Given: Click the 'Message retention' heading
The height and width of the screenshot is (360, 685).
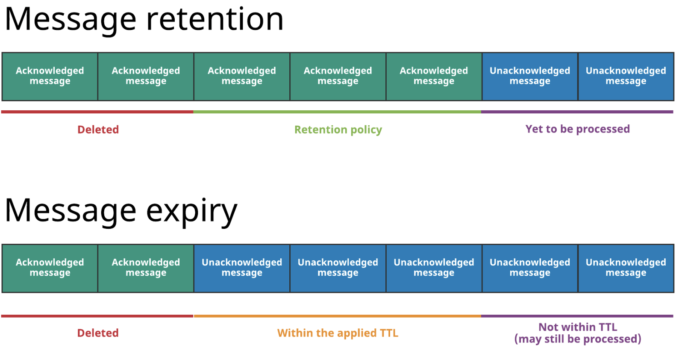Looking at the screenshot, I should (144, 19).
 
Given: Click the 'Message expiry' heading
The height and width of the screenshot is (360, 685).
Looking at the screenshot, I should (121, 211).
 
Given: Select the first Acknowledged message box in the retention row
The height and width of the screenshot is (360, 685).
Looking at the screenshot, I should (50, 77).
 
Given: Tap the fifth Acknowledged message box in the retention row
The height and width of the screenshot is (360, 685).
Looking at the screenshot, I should (434, 77).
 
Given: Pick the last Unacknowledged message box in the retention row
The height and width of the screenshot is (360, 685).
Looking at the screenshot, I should (626, 77).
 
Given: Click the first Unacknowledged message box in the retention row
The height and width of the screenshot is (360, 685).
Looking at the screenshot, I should (530, 77).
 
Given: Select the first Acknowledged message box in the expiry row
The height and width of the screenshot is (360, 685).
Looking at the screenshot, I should (50, 268).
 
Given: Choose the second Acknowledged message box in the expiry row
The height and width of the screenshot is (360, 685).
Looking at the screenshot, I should (146, 268).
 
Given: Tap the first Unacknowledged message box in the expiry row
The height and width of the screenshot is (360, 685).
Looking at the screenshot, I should (242, 268).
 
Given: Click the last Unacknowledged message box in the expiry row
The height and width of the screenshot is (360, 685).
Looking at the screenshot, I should (626, 268).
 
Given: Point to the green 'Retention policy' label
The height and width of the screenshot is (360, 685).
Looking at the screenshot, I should (338, 130).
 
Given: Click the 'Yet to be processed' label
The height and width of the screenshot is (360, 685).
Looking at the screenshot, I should (577, 129).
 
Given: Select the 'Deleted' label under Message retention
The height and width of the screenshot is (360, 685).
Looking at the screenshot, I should (98, 130).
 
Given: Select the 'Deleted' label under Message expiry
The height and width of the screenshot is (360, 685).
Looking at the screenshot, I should (98, 333).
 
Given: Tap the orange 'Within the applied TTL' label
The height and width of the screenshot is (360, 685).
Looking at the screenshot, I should (338, 333).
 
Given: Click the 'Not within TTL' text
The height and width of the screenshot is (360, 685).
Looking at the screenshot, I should (577, 327).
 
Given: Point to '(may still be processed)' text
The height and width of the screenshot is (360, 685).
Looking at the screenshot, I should (577, 339).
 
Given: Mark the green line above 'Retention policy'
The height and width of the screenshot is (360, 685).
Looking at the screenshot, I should (337, 112).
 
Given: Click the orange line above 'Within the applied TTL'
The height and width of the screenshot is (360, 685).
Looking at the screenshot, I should (337, 316).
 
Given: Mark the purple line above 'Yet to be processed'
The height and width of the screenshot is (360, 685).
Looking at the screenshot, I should (577, 112).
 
